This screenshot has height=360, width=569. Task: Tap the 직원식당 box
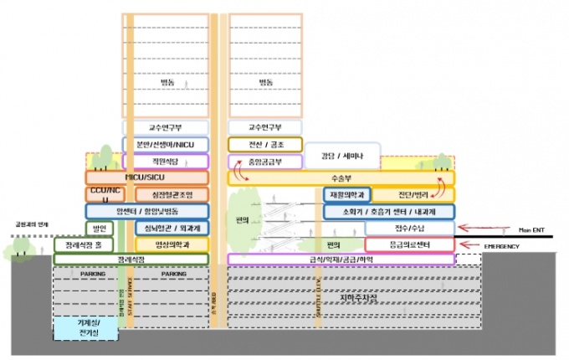point(165,161)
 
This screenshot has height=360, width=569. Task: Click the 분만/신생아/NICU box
point(165,144)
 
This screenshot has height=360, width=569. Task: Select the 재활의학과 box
point(346,195)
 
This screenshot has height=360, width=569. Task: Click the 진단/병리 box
point(413,195)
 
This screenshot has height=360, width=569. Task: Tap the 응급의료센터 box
point(409,244)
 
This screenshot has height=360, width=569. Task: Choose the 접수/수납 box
point(409,228)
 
